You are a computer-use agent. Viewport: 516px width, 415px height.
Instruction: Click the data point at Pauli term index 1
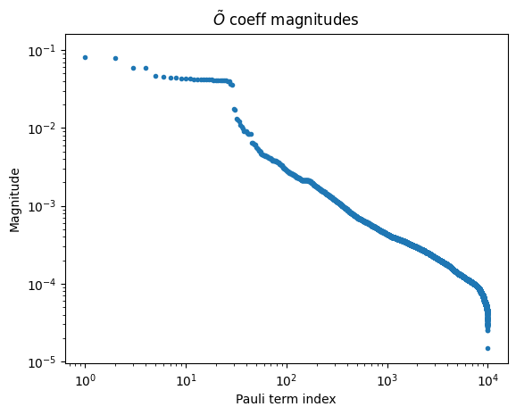click(85, 57)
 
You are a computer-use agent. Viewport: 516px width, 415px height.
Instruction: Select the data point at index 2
click(115, 58)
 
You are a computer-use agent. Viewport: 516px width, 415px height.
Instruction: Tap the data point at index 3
click(133, 68)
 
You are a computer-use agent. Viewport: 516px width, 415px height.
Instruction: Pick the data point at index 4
click(146, 68)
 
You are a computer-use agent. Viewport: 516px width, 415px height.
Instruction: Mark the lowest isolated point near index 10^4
click(487, 348)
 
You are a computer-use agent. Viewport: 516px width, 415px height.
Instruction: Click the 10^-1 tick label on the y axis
click(41, 50)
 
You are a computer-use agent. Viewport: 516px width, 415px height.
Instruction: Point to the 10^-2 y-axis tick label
click(41, 129)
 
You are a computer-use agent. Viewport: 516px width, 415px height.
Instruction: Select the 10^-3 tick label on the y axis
click(41, 206)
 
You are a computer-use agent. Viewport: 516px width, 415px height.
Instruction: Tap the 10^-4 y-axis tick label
click(41, 285)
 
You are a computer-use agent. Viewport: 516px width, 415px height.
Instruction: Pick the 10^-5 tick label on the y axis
click(41, 362)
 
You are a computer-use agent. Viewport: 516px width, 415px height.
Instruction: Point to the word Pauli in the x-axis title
click(248, 399)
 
